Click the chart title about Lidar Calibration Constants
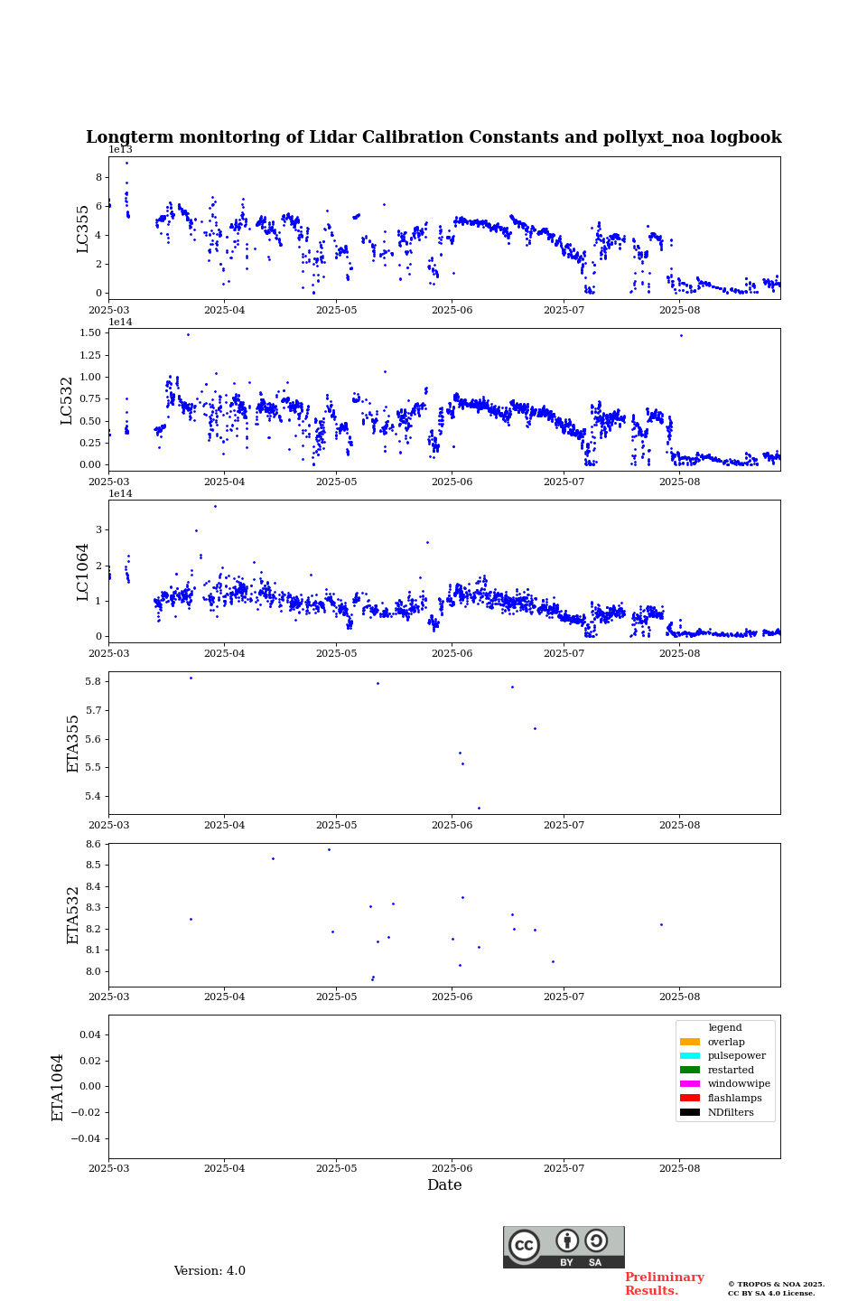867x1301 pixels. coord(433,137)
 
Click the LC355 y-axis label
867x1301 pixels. coord(83,229)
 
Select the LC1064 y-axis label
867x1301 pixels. coord(83,572)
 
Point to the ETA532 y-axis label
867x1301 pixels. coord(74,915)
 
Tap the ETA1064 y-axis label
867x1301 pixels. coord(58,1087)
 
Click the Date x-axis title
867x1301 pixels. coord(444,1185)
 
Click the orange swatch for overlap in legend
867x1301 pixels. coord(690,1042)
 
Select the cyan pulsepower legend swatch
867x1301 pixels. coord(690,1056)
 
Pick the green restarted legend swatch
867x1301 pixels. coord(690,1070)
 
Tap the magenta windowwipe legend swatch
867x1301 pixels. coord(690,1084)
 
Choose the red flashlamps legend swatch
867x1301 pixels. coord(690,1099)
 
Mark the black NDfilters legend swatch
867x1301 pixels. coord(690,1112)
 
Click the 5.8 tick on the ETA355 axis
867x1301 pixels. coord(93,681)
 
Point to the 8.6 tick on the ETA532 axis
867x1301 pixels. coord(93,844)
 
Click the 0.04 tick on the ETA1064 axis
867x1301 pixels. coord(89,1034)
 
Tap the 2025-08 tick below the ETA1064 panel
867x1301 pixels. coord(679,1168)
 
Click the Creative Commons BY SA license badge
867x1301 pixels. coord(564,1247)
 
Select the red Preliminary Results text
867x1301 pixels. coord(664,1284)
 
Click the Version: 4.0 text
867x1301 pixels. coord(210,1271)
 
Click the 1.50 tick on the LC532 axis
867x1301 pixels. coord(90,333)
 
